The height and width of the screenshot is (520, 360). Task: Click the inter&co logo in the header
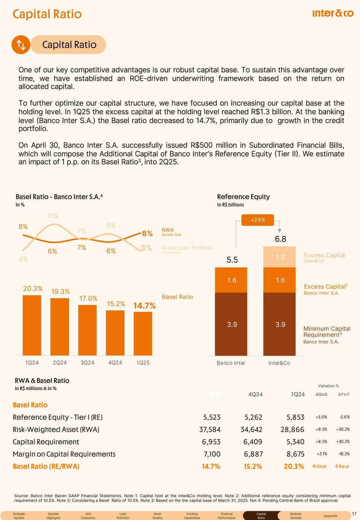coord(333,14)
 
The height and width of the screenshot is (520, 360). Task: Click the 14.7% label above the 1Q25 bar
coord(144,306)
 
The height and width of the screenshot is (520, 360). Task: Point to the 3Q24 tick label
coord(87,363)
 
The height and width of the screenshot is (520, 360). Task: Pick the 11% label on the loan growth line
coord(52,216)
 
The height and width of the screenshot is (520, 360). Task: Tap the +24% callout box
coord(258,220)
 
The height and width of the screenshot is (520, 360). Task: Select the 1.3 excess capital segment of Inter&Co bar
coord(280,257)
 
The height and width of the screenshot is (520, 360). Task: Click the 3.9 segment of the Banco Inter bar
coord(232,324)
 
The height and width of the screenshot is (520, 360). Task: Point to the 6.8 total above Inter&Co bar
coord(280,239)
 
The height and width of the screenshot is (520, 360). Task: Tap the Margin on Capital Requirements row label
coord(64,454)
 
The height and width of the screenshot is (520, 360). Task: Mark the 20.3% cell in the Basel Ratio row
coord(294,466)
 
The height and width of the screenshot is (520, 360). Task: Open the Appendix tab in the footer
coord(330,516)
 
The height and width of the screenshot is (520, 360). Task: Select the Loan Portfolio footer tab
coord(123,516)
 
